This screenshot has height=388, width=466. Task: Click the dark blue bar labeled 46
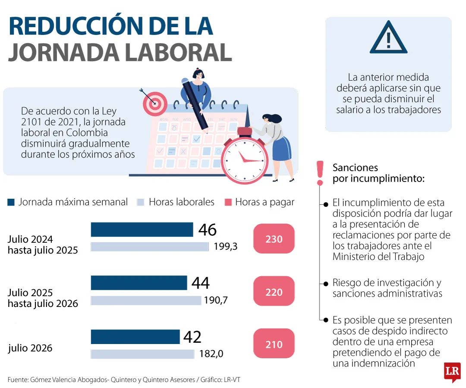pos(142,230)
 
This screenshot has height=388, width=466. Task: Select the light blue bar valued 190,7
pos(146,300)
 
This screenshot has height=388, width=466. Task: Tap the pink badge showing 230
pos(274,239)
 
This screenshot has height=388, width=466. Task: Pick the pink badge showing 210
pos(274,344)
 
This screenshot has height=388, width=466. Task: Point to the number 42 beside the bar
pos(192,337)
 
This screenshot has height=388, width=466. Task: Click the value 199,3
pos(226,247)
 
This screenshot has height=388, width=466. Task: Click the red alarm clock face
pos(244,159)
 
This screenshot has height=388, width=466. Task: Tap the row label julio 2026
pos(30,348)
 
